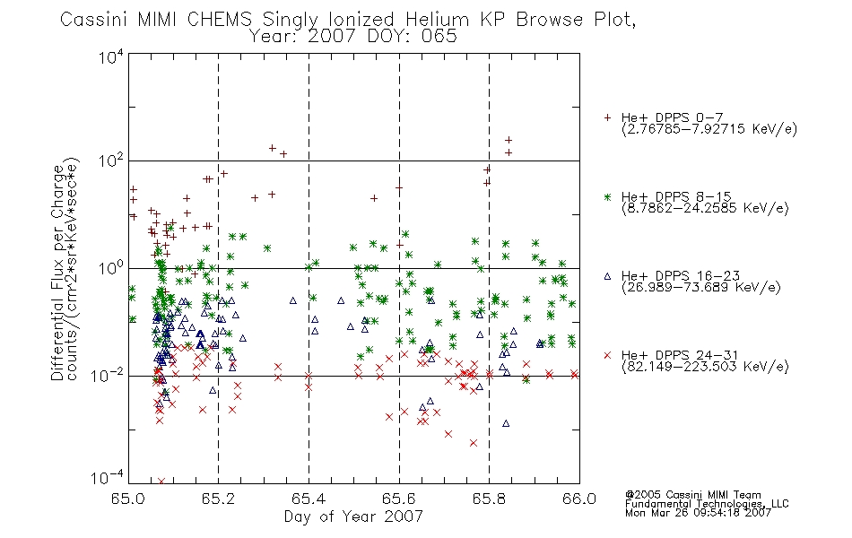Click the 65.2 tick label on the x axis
coord(219,499)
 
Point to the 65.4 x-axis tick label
coord(309,499)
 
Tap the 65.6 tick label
coord(399,499)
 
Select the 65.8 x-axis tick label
coord(489,499)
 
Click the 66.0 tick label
coord(579,499)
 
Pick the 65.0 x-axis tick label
coord(127,499)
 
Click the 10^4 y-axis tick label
coord(111,56)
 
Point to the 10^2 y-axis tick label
coord(111,161)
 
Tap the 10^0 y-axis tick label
coord(111,269)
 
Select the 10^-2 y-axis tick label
coord(109,376)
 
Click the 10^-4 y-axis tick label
coord(109,478)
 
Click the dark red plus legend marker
coord(607,117)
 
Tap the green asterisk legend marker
coord(607,197)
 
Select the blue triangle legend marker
coord(607,276)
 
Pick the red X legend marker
coord(607,355)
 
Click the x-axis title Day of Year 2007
coord(353,516)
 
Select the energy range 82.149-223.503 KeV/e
coord(705,367)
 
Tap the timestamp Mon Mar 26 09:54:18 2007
coord(699,513)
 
